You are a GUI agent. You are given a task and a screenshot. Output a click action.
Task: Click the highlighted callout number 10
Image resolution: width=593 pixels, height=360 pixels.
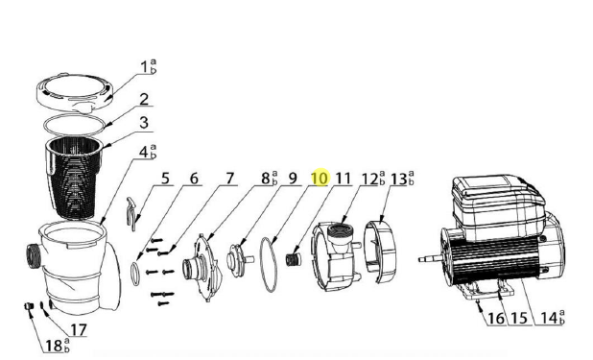click(x=320, y=179)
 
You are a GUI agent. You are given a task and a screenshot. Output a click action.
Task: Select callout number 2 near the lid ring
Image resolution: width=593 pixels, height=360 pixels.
click(x=144, y=99)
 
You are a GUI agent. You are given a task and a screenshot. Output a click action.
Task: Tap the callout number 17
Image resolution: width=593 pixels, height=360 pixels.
click(x=78, y=329)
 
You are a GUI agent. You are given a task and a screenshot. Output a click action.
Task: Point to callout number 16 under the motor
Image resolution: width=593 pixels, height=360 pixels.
click(x=496, y=319)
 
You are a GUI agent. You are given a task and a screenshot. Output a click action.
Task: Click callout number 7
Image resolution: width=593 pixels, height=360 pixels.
click(x=230, y=179)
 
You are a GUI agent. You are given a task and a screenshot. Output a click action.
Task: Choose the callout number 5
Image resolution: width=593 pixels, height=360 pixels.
click(x=165, y=179)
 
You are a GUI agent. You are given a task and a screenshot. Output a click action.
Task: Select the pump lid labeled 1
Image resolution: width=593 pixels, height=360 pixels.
click(x=76, y=92)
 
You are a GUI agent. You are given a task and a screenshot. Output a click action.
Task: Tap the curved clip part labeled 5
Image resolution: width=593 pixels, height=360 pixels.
click(x=130, y=213)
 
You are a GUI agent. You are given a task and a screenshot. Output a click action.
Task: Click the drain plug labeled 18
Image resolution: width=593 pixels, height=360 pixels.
click(x=29, y=306)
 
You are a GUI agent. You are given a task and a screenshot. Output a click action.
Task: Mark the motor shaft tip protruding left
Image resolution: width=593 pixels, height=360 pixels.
click(x=419, y=260)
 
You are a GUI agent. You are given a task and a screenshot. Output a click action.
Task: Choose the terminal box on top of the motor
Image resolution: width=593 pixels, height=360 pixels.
click(x=499, y=206)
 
